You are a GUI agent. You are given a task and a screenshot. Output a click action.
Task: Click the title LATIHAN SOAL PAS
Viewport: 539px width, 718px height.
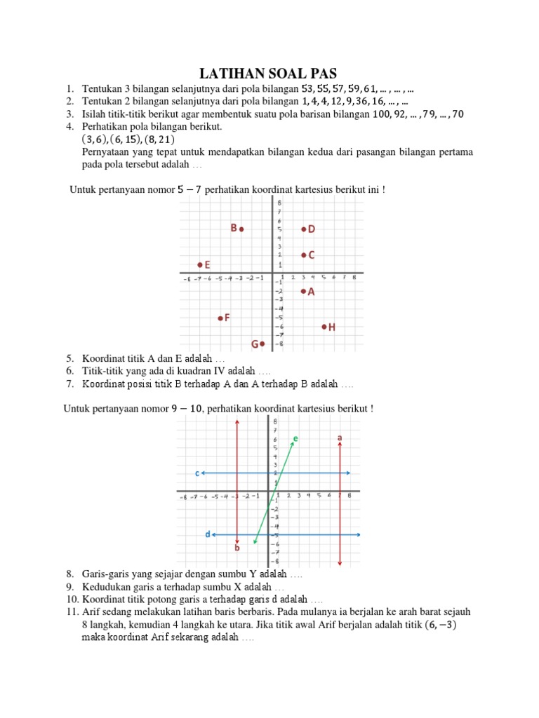pyautogui.click(x=269, y=73)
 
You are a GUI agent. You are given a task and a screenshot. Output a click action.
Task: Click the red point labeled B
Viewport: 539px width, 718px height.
pyautogui.click(x=241, y=229)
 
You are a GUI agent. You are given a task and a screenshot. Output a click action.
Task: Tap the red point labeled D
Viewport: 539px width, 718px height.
pyautogui.click(x=303, y=229)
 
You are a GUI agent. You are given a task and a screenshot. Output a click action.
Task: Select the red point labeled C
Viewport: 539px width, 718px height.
pyautogui.click(x=303, y=255)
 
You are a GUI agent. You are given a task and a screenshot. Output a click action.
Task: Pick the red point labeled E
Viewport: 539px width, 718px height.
pyautogui.click(x=200, y=264)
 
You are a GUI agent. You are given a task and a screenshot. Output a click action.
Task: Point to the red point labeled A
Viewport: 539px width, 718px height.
pyautogui.click(x=303, y=291)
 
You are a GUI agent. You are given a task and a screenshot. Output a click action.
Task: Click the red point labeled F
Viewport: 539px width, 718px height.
pyautogui.click(x=220, y=318)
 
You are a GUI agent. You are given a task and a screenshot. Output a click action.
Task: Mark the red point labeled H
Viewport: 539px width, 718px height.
pyautogui.click(x=324, y=327)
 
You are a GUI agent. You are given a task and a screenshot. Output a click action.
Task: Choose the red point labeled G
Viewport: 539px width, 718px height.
pyautogui.click(x=262, y=344)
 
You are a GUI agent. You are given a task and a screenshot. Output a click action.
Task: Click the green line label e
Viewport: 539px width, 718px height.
pyautogui.click(x=295, y=438)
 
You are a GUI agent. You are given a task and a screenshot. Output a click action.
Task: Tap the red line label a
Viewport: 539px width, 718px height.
pyautogui.click(x=340, y=438)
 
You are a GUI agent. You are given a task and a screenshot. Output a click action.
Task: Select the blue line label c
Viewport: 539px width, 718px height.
pyautogui.click(x=197, y=473)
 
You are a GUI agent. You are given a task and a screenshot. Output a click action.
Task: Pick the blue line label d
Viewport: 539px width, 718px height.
pyautogui.click(x=207, y=534)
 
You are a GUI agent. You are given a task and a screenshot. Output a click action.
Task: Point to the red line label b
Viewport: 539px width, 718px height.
pyautogui.click(x=237, y=548)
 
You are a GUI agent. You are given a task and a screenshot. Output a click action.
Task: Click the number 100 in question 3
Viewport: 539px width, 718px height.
pyautogui.click(x=378, y=114)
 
